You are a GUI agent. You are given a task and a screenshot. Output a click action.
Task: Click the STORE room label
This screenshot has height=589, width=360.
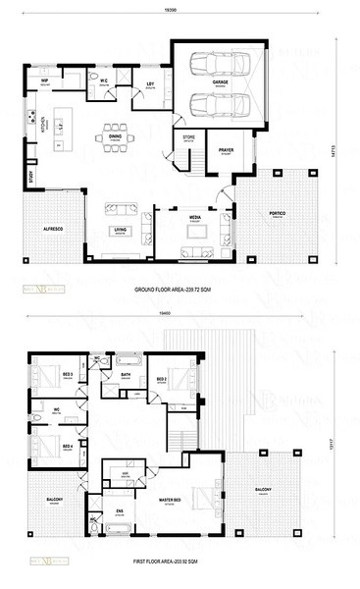[187, 139]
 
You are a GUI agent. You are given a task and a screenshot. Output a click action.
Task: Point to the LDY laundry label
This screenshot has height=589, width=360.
[151, 84]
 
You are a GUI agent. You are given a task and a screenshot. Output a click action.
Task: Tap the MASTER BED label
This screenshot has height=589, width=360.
[173, 501]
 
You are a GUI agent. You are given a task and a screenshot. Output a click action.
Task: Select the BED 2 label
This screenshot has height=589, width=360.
[159, 377]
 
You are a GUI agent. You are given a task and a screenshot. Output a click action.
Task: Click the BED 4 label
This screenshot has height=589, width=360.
[68, 446]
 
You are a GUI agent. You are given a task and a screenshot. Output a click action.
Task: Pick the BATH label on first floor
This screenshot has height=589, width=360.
[126, 375]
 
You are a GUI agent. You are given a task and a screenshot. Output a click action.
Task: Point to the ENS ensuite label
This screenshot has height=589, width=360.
[121, 510]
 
